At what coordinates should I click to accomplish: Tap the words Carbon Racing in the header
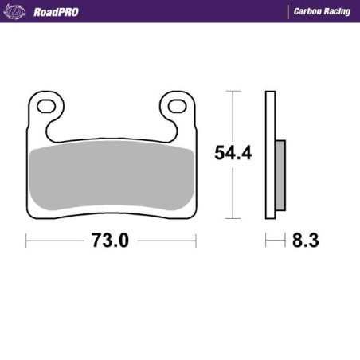tap(322, 12)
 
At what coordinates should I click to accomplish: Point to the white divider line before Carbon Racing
tap(288, 12)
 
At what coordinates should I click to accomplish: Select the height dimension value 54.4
tap(233, 154)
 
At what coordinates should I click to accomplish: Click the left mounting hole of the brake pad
tap(45, 106)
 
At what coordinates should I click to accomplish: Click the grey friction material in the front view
tap(111, 179)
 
